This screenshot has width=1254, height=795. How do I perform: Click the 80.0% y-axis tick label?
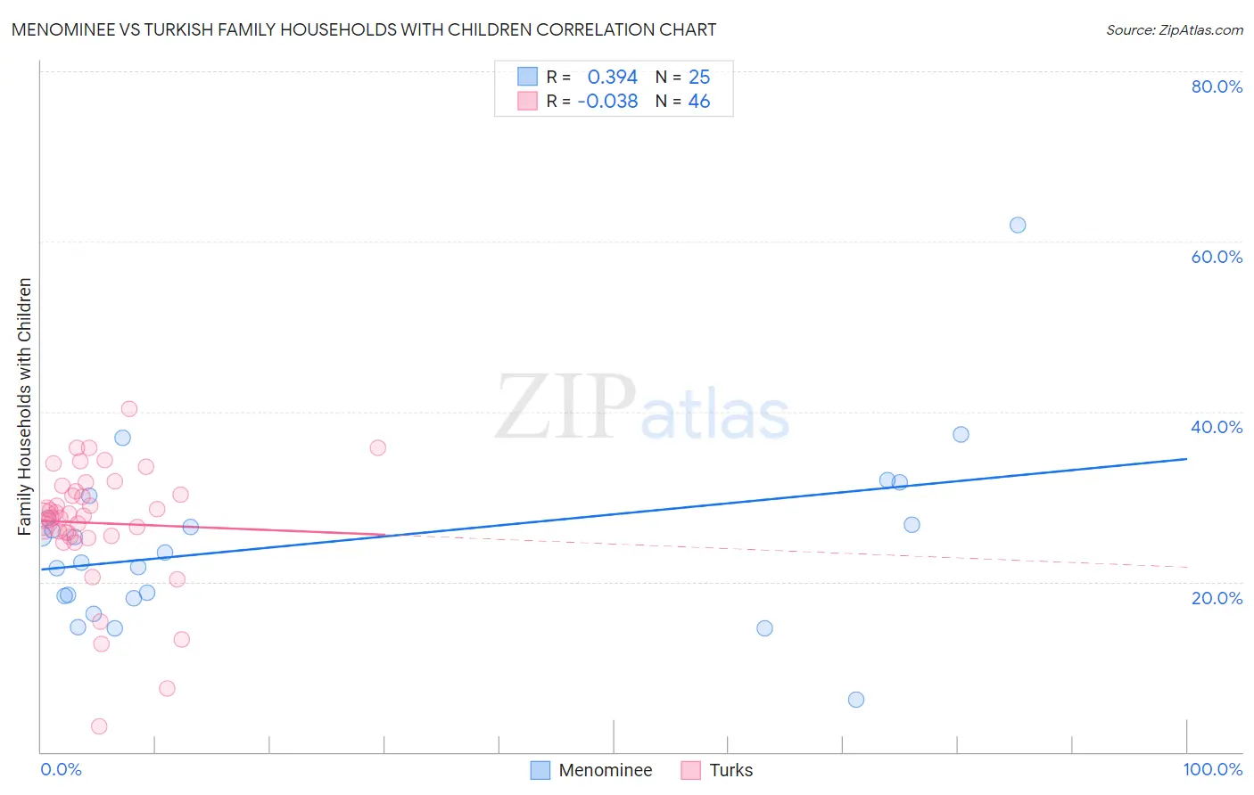(x=1217, y=86)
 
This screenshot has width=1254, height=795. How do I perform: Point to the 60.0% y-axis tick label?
(x=1217, y=257)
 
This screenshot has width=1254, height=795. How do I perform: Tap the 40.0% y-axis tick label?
(x=1217, y=427)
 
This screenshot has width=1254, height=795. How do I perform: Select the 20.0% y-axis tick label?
(x=1217, y=597)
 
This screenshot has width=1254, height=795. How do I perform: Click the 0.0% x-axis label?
(x=61, y=769)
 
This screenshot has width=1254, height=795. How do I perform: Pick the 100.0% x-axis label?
(x=1212, y=769)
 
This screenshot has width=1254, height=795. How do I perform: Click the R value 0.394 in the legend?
(x=612, y=77)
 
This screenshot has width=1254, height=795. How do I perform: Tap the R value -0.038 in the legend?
(x=607, y=102)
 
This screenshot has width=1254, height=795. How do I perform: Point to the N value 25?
(x=699, y=77)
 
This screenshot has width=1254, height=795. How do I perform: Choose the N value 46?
(x=699, y=102)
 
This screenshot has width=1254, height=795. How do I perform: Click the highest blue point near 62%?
(x=1018, y=225)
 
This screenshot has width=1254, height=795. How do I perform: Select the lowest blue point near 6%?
(x=856, y=700)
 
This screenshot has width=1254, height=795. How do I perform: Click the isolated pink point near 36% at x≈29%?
(x=378, y=447)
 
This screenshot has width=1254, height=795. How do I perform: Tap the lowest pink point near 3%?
(x=99, y=726)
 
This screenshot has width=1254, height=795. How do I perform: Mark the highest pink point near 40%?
(x=129, y=409)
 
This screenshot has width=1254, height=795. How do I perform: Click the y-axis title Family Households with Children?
(x=24, y=406)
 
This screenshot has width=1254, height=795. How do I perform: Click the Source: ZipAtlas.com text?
(x=1174, y=30)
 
